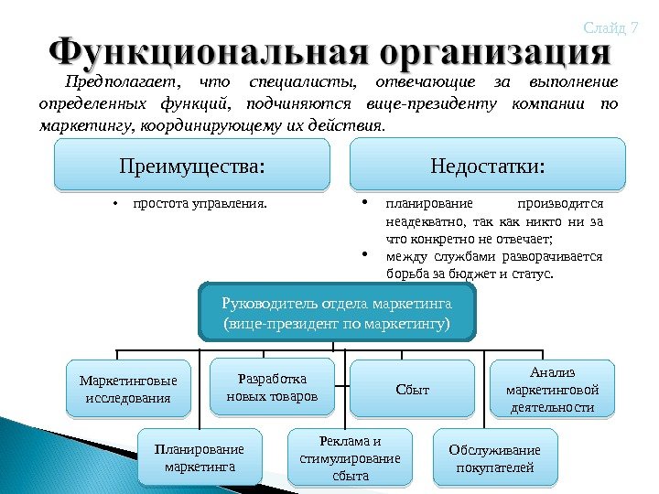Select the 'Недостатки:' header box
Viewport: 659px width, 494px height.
tap(487, 166)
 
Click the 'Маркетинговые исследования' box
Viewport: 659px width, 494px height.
tap(127, 389)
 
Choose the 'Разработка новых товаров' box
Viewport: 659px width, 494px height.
tap(272, 387)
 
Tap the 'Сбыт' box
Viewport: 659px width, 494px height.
tap(413, 391)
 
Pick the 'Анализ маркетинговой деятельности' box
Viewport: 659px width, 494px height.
tap(552, 389)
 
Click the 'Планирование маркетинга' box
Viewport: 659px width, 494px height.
tap(200, 458)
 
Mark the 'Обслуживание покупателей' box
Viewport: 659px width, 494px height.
tap(494, 458)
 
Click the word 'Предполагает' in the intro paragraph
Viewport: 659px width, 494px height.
tap(124, 81)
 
